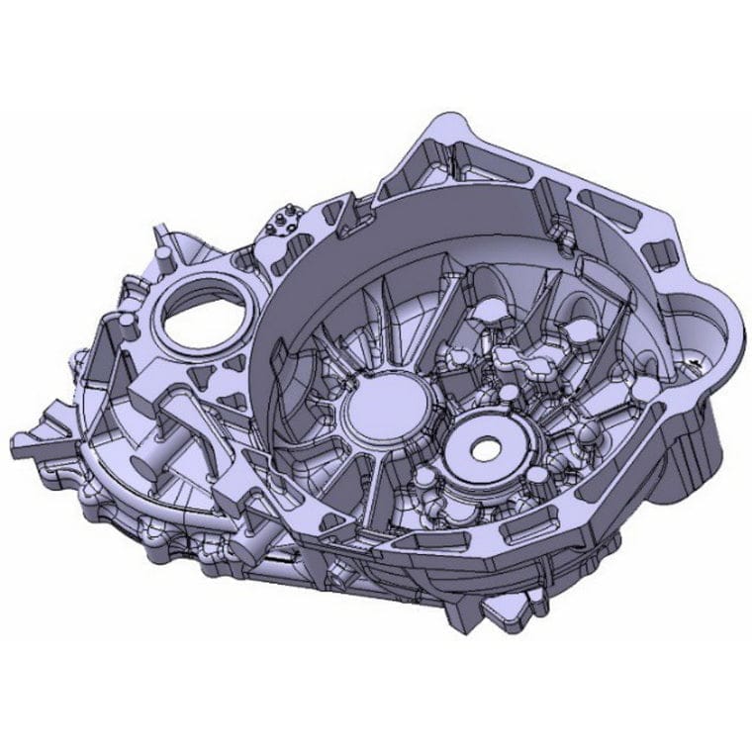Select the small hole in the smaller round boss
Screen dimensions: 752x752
point(485,448)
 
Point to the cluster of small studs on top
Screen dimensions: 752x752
point(287,219)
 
